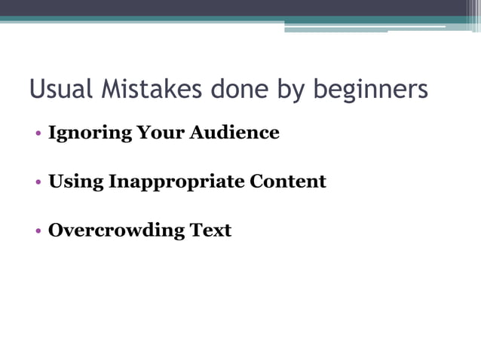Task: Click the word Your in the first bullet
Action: (160, 133)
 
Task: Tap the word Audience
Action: (234, 133)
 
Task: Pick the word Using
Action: (76, 182)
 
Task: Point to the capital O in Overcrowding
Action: (55, 230)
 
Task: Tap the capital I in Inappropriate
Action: (112, 182)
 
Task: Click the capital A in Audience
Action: (197, 133)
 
